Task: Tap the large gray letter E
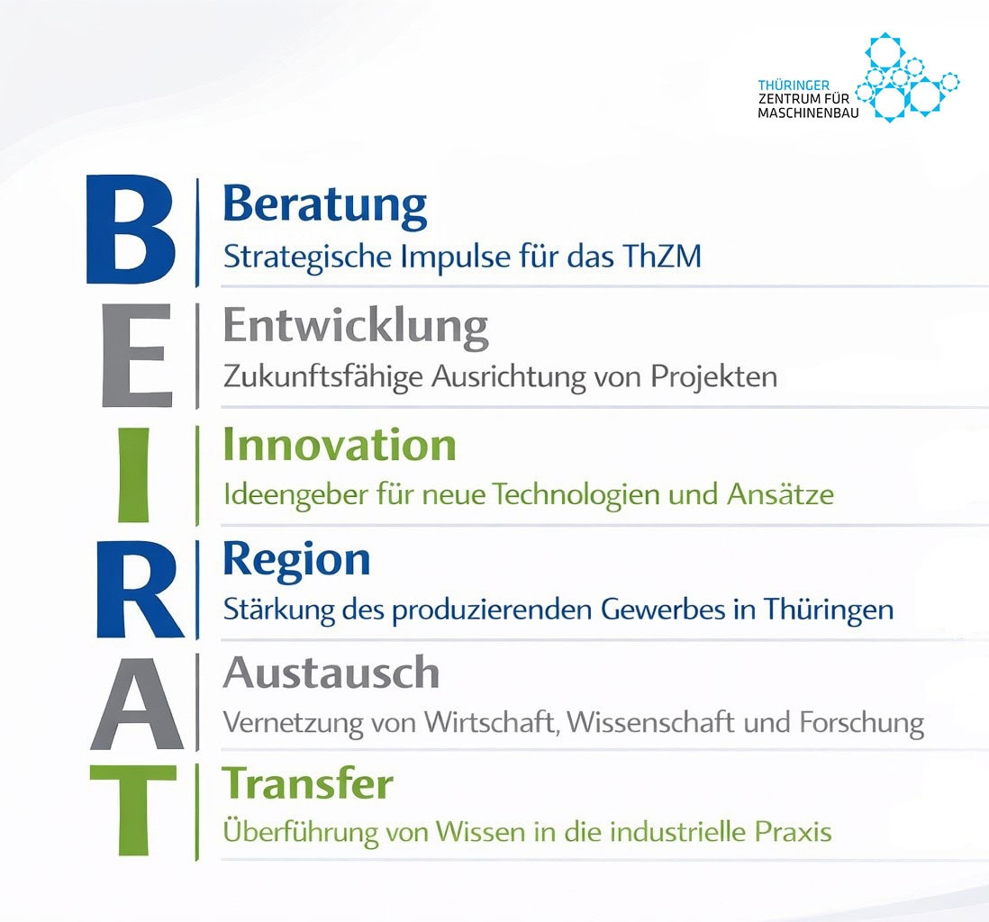click(x=137, y=355)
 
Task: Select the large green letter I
click(x=133, y=475)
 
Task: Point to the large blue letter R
click(x=139, y=589)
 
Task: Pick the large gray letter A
click(x=137, y=703)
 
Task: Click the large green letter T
click(x=133, y=809)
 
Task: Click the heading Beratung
click(x=325, y=206)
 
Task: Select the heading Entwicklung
click(x=356, y=327)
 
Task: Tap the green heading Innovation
click(x=340, y=445)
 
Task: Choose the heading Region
click(x=296, y=561)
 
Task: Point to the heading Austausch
click(x=331, y=673)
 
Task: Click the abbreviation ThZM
click(x=662, y=256)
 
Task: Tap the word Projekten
click(x=713, y=377)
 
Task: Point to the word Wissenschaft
click(x=651, y=721)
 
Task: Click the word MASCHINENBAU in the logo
click(x=808, y=113)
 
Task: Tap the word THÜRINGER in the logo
click(x=794, y=85)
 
